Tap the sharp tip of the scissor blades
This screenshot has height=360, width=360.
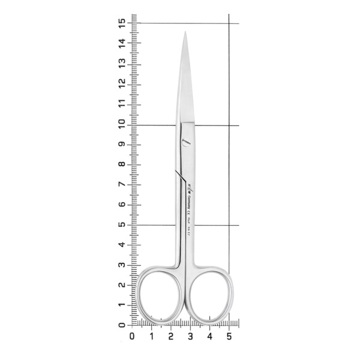(x=185, y=33)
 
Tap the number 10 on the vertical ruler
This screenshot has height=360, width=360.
(x=122, y=124)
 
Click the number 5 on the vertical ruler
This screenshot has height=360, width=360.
(x=122, y=224)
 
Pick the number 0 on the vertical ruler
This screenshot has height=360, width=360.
(x=122, y=325)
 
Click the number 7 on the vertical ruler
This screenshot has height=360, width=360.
(x=122, y=184)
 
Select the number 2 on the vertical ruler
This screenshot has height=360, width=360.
(x=122, y=284)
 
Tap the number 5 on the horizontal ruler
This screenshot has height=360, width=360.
(x=229, y=337)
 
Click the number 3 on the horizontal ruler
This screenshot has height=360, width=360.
(x=190, y=337)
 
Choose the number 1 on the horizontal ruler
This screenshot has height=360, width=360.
(x=152, y=337)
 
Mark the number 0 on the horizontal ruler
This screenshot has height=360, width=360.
(x=133, y=337)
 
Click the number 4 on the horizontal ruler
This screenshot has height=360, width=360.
(x=209, y=337)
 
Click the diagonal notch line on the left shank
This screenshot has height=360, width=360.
(x=179, y=175)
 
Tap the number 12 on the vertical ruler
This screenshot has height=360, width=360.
(x=122, y=83)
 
